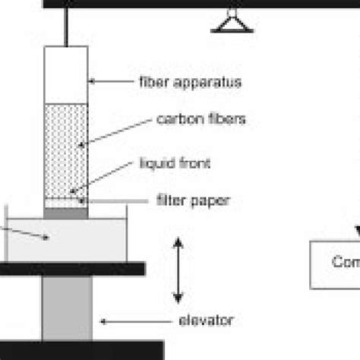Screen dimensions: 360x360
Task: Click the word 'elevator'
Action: [207, 320]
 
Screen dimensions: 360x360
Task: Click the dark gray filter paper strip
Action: [66, 213]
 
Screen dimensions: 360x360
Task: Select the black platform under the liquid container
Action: [72, 267]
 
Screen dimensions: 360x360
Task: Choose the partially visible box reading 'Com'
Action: [335, 262]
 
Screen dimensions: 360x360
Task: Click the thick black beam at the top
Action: [197, 4]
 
